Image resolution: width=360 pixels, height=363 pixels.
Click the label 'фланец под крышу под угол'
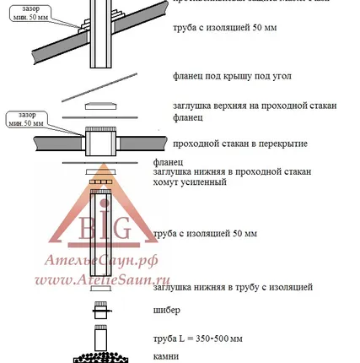click(232, 76)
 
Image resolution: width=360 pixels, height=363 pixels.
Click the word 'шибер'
click(162, 311)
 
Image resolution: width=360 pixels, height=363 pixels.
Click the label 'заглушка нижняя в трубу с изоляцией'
click(233, 288)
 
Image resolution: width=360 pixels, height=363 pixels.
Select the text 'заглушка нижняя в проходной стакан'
click(232, 171)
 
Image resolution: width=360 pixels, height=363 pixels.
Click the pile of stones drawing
click(100, 358)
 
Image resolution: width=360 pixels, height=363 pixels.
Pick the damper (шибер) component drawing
click(100, 310)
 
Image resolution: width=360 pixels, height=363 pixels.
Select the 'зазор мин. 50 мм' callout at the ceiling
click(24, 118)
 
